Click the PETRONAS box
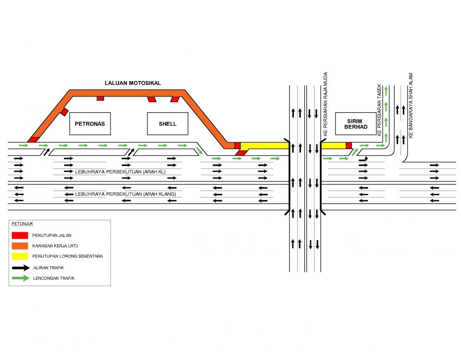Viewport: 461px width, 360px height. pos(90,124)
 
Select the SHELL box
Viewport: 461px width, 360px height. pos(168,124)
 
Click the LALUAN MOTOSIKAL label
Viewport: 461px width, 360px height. pos(133,83)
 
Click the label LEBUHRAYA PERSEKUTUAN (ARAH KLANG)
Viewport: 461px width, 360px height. pos(126,194)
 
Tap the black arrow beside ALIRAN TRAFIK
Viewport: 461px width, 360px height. pos(20,267)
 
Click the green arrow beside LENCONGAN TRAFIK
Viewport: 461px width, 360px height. pos(20,278)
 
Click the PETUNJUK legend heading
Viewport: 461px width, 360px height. pos(22,224)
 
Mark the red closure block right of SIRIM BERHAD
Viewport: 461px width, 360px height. pos(349,145)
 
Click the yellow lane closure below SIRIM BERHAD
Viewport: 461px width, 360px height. pos(333,145)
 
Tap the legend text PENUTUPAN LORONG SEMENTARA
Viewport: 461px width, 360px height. pos(67,256)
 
